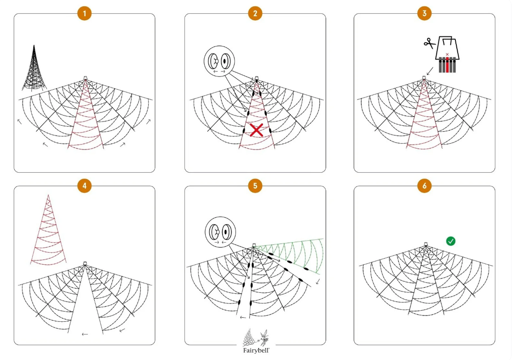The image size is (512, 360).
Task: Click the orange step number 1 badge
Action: click(x=84, y=13)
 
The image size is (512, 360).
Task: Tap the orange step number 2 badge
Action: click(x=255, y=13)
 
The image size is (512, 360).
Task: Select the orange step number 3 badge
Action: click(x=424, y=13)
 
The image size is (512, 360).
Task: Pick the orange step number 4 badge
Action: click(x=84, y=186)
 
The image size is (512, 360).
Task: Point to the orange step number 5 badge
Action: click(x=255, y=186)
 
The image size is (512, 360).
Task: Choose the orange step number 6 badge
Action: click(x=424, y=186)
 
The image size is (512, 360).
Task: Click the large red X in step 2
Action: click(x=256, y=130)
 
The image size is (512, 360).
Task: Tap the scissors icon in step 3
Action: click(x=430, y=44)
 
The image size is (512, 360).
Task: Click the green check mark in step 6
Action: click(x=451, y=241)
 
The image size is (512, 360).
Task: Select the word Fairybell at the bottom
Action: click(x=256, y=350)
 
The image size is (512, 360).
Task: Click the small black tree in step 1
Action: click(x=34, y=69)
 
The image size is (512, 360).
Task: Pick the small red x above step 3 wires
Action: click(x=447, y=54)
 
